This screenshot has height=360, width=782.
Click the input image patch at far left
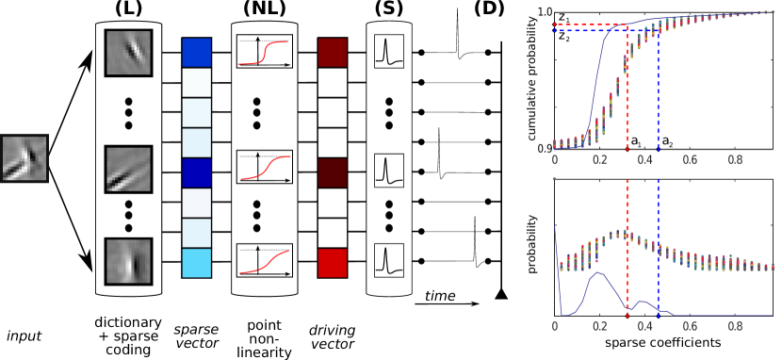pos(24,158)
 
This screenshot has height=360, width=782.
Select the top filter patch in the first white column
pos(129,52)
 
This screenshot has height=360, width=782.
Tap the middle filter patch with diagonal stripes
pos(129,169)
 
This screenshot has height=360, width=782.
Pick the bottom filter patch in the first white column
pos(129,261)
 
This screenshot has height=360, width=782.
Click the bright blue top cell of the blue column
pos(196,53)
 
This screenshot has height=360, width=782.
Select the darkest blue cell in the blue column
pos(196,172)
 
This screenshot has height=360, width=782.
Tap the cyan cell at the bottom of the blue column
pos(196,263)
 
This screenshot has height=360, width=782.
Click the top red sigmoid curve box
pos(265,51)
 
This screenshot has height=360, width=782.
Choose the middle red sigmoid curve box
pos(265,167)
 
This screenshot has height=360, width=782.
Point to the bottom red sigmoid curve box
pos(265,259)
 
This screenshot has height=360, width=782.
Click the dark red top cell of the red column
pos(333,53)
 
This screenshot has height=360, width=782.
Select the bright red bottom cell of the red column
pos(333,263)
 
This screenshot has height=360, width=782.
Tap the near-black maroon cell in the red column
pos(333,173)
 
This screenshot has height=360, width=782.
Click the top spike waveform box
pos(389,51)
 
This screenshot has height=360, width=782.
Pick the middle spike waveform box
pos(389,170)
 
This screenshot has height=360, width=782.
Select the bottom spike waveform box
pos(389,259)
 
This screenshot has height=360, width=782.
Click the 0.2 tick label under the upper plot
pos(599,160)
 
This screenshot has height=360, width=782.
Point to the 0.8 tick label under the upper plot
pos(736,160)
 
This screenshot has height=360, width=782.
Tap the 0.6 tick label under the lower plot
pos(691,326)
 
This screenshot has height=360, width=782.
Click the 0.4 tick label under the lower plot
pos(645,326)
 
